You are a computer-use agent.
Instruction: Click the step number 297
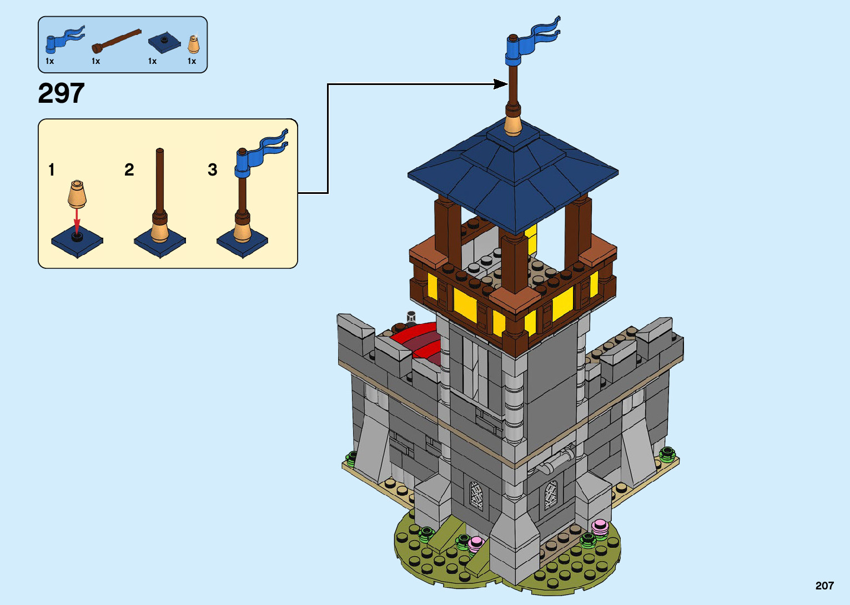(x=61, y=93)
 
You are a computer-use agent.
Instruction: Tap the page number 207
(x=824, y=586)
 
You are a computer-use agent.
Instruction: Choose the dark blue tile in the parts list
(x=164, y=43)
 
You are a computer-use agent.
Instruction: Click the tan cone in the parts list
(x=193, y=44)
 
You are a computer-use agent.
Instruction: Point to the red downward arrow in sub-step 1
(x=77, y=217)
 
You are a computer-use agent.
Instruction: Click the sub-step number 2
(x=129, y=169)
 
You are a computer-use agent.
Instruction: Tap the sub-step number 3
(x=212, y=169)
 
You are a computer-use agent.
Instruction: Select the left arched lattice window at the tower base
(x=476, y=496)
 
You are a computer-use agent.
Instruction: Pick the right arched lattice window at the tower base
(x=550, y=495)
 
